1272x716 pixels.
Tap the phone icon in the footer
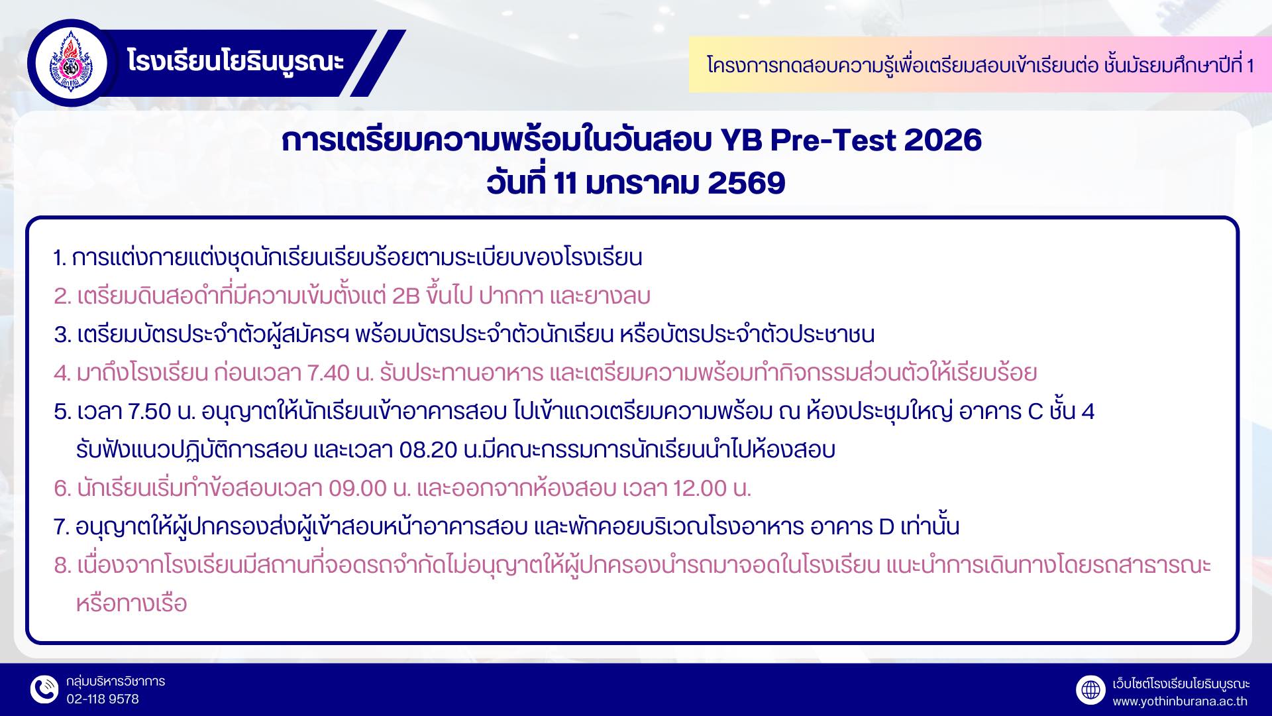[44, 690]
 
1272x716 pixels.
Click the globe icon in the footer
[1090, 690]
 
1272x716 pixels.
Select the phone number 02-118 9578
[103, 699]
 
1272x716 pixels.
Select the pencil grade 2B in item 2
[406, 296]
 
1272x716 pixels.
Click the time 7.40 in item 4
[329, 373]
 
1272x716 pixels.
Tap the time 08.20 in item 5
[429, 450]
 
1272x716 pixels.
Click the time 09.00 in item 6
[358, 489]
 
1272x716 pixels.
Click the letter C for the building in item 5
[1035, 412]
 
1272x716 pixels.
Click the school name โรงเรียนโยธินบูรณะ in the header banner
[236, 62]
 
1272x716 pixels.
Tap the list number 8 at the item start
[62, 566]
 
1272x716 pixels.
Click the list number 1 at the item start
[60, 258]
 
